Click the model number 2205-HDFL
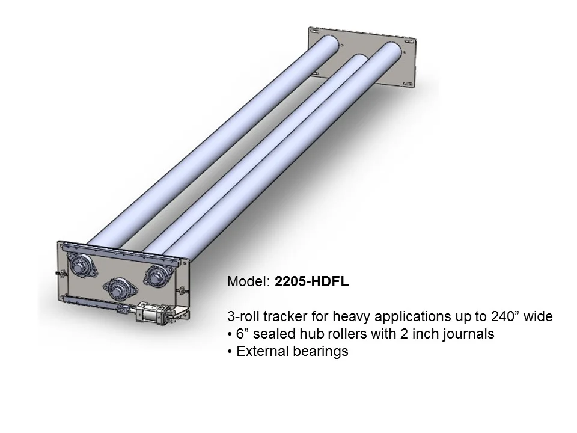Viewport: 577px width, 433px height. coord(311,282)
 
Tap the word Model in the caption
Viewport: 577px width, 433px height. coord(246,282)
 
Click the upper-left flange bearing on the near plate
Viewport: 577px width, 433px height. coord(79,265)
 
